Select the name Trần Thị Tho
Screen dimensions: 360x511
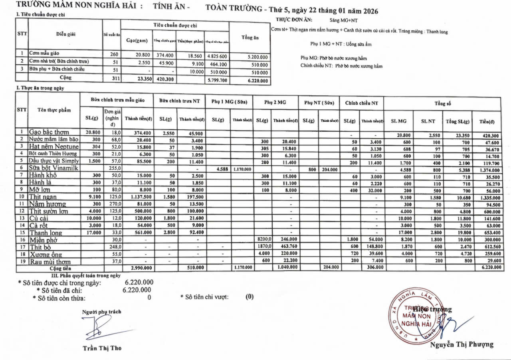point(102,348)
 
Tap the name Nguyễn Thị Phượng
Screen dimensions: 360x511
point(461,344)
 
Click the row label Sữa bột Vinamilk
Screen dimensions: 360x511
point(54,168)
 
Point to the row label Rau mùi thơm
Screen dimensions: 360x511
point(50,262)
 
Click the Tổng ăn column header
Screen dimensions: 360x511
point(250,38)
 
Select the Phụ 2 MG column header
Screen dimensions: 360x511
point(275,102)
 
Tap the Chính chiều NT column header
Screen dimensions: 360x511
point(361,102)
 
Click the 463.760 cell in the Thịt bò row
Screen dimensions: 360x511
point(285,247)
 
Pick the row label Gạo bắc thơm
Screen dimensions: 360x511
point(49,132)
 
